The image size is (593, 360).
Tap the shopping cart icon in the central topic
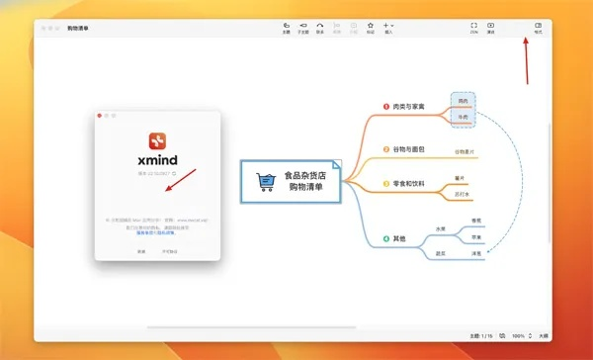tap(265, 180)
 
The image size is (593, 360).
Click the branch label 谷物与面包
tap(408, 149)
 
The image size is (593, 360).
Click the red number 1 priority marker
tap(385, 107)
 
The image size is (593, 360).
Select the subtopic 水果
tap(441, 228)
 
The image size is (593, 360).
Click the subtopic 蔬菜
tap(441, 253)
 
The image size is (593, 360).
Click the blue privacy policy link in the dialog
tap(155, 232)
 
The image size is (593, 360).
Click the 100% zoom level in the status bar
tap(518, 335)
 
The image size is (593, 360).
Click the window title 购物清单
tap(80, 29)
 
